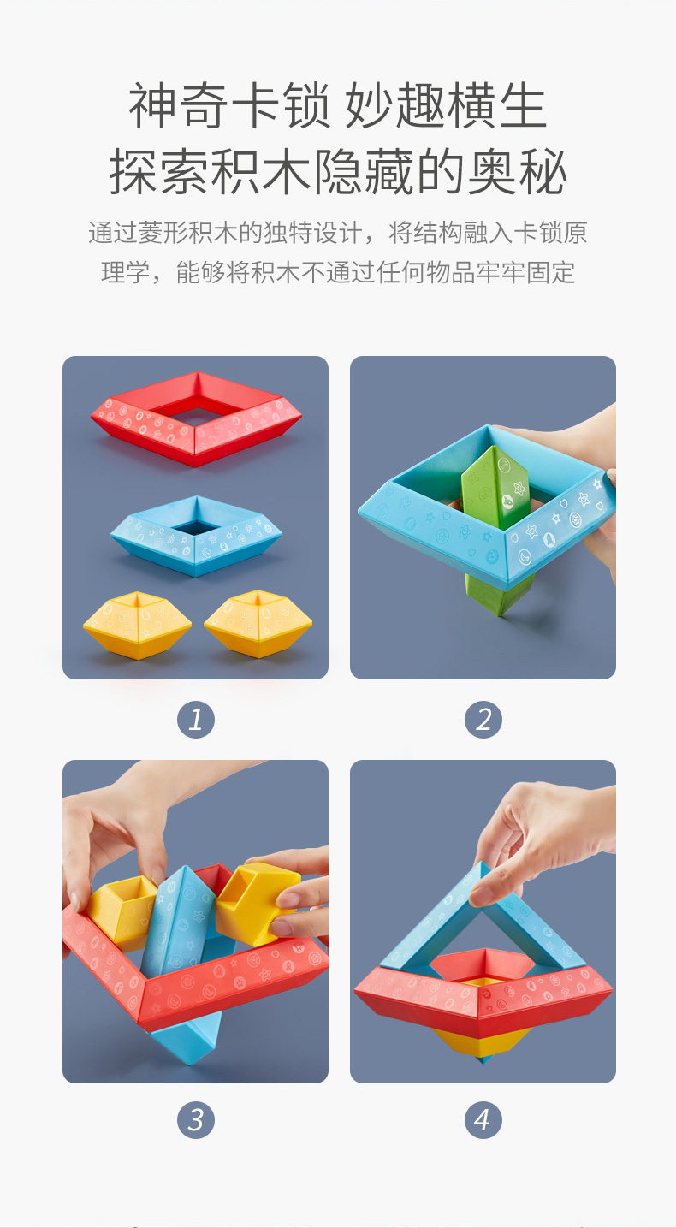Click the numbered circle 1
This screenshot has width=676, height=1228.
pos(196,719)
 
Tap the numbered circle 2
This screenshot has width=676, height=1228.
pos(483,719)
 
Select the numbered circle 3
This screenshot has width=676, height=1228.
pos(196,1119)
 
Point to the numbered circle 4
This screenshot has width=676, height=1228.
pos(483,1119)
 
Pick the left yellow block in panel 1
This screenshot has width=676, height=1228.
pos(137,625)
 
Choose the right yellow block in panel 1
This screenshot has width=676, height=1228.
pos(258,624)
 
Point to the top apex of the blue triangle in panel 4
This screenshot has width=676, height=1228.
pos(482,862)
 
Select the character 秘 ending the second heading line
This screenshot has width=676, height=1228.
pos(541,171)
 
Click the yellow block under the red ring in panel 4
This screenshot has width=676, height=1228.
pos(483,1044)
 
